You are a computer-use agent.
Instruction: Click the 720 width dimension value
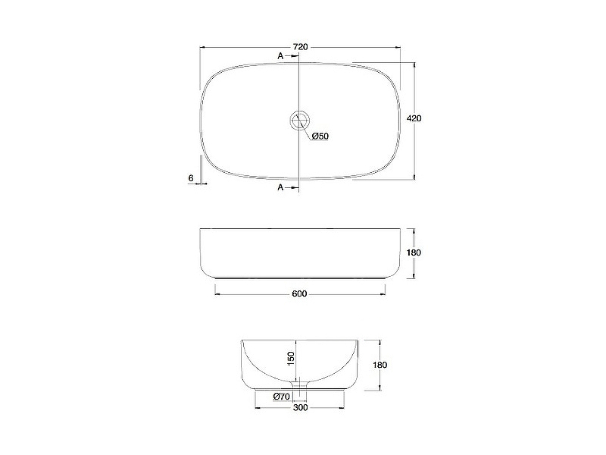click(x=300, y=47)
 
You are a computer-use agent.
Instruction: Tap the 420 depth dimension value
click(x=414, y=118)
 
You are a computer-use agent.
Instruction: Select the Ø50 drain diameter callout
click(x=320, y=136)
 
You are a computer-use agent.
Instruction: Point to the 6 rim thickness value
click(x=191, y=178)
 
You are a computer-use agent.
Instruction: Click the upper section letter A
click(x=280, y=56)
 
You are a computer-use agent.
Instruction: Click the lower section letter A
click(x=280, y=187)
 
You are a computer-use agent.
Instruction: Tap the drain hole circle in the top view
click(x=299, y=121)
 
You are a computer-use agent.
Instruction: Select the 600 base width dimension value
click(x=299, y=294)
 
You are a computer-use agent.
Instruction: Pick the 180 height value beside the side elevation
click(x=414, y=253)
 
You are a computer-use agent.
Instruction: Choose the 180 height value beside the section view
click(x=381, y=365)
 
